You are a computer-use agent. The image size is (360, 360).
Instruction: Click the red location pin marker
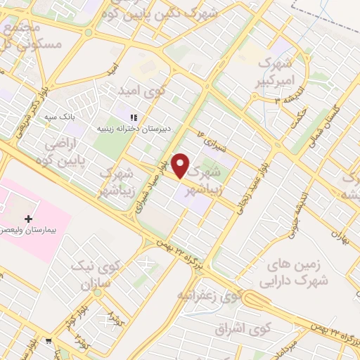[x=181, y=165]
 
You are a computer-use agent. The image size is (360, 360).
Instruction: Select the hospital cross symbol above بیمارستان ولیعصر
[x=28, y=219]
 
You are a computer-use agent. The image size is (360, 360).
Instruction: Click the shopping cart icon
[x=48, y=342]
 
